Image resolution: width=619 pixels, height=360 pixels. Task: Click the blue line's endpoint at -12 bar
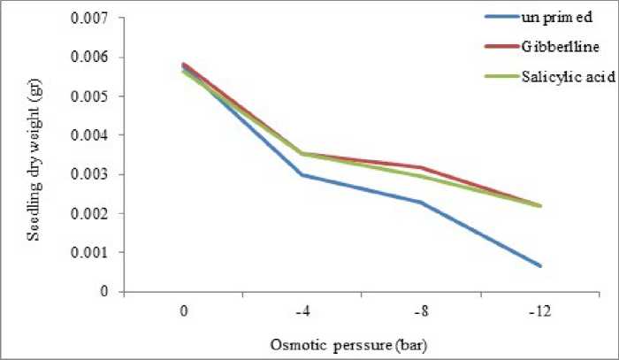pyautogui.click(x=540, y=265)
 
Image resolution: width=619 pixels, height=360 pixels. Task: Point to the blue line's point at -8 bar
pyautogui.click(x=421, y=203)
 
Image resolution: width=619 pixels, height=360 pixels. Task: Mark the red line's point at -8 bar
pyautogui.click(x=421, y=167)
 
